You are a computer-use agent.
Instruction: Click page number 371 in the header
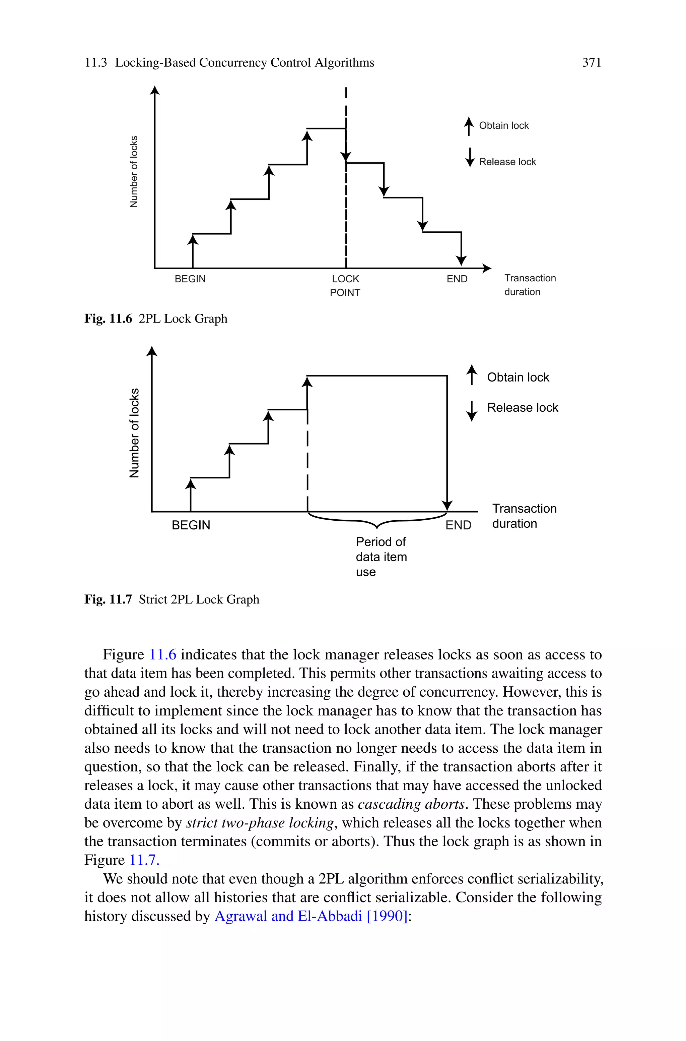click(x=592, y=63)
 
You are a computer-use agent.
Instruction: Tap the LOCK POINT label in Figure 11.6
click(x=345, y=285)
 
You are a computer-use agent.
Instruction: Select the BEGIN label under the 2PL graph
click(x=190, y=279)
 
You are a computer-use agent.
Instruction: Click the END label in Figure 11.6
click(x=457, y=279)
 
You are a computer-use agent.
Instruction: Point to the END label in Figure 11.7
click(x=458, y=525)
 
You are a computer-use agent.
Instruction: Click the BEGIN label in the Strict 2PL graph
click(x=191, y=525)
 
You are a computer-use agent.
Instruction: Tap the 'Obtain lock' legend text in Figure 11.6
click(x=503, y=126)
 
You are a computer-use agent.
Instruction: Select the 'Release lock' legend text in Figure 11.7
click(x=523, y=408)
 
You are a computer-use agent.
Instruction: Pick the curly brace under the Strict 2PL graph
click(x=377, y=521)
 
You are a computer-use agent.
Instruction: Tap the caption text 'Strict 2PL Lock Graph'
click(x=199, y=599)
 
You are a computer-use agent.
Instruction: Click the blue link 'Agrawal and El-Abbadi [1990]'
click(x=311, y=916)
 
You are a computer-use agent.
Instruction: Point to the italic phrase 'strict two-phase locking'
click(x=260, y=823)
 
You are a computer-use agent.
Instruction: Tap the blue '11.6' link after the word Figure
click(x=163, y=655)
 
